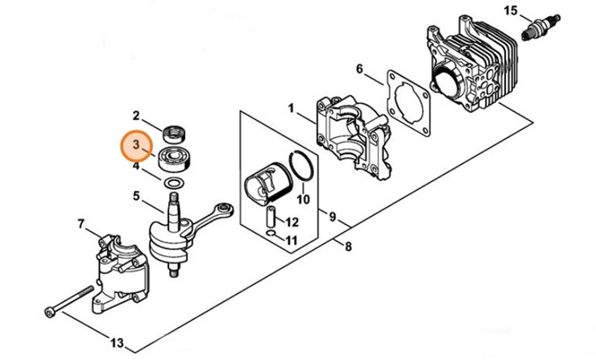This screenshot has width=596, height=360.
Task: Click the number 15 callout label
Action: [x=509, y=10]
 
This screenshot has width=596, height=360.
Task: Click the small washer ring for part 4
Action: [x=172, y=183]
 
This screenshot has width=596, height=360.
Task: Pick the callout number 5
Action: [x=137, y=195]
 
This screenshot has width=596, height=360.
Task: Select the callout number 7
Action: [x=81, y=223]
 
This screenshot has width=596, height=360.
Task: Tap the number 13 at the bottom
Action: [x=118, y=343]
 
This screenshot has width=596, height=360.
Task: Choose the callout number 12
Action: [x=292, y=221]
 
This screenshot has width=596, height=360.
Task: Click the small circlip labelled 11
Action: [x=274, y=235]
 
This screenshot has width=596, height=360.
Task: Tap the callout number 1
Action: [x=291, y=106]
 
